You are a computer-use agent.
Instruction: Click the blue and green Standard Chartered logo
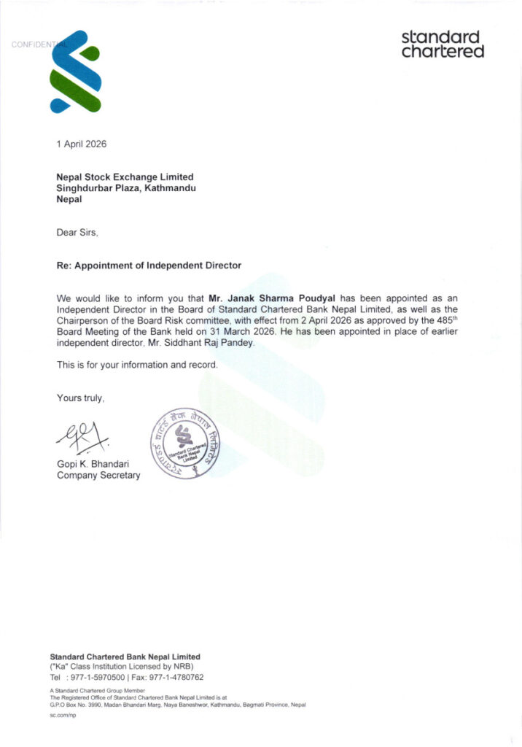74,72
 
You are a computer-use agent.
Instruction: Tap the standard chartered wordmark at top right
443,44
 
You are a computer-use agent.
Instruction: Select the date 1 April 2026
82,144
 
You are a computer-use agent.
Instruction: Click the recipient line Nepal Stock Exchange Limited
125,177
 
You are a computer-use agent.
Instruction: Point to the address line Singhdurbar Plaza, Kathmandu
126,188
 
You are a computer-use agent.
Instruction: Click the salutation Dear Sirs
77,233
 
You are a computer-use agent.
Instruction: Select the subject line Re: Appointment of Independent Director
149,266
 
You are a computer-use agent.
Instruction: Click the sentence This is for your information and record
136,364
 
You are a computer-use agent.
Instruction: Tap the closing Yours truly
81,398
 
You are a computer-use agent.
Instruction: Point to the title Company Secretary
98,476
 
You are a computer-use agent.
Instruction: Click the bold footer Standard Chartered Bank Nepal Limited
125,657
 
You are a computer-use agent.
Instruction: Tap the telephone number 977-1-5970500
98,677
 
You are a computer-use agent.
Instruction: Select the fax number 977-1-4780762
172,677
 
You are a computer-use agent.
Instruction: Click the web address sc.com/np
63,716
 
